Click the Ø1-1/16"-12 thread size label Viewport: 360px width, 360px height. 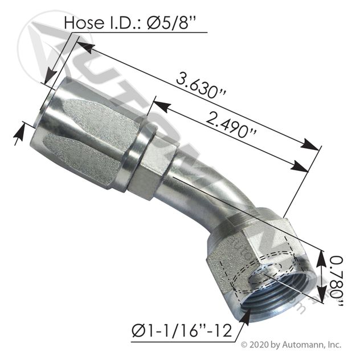(x=182, y=331)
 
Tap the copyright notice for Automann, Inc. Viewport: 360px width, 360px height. (x=291, y=345)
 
